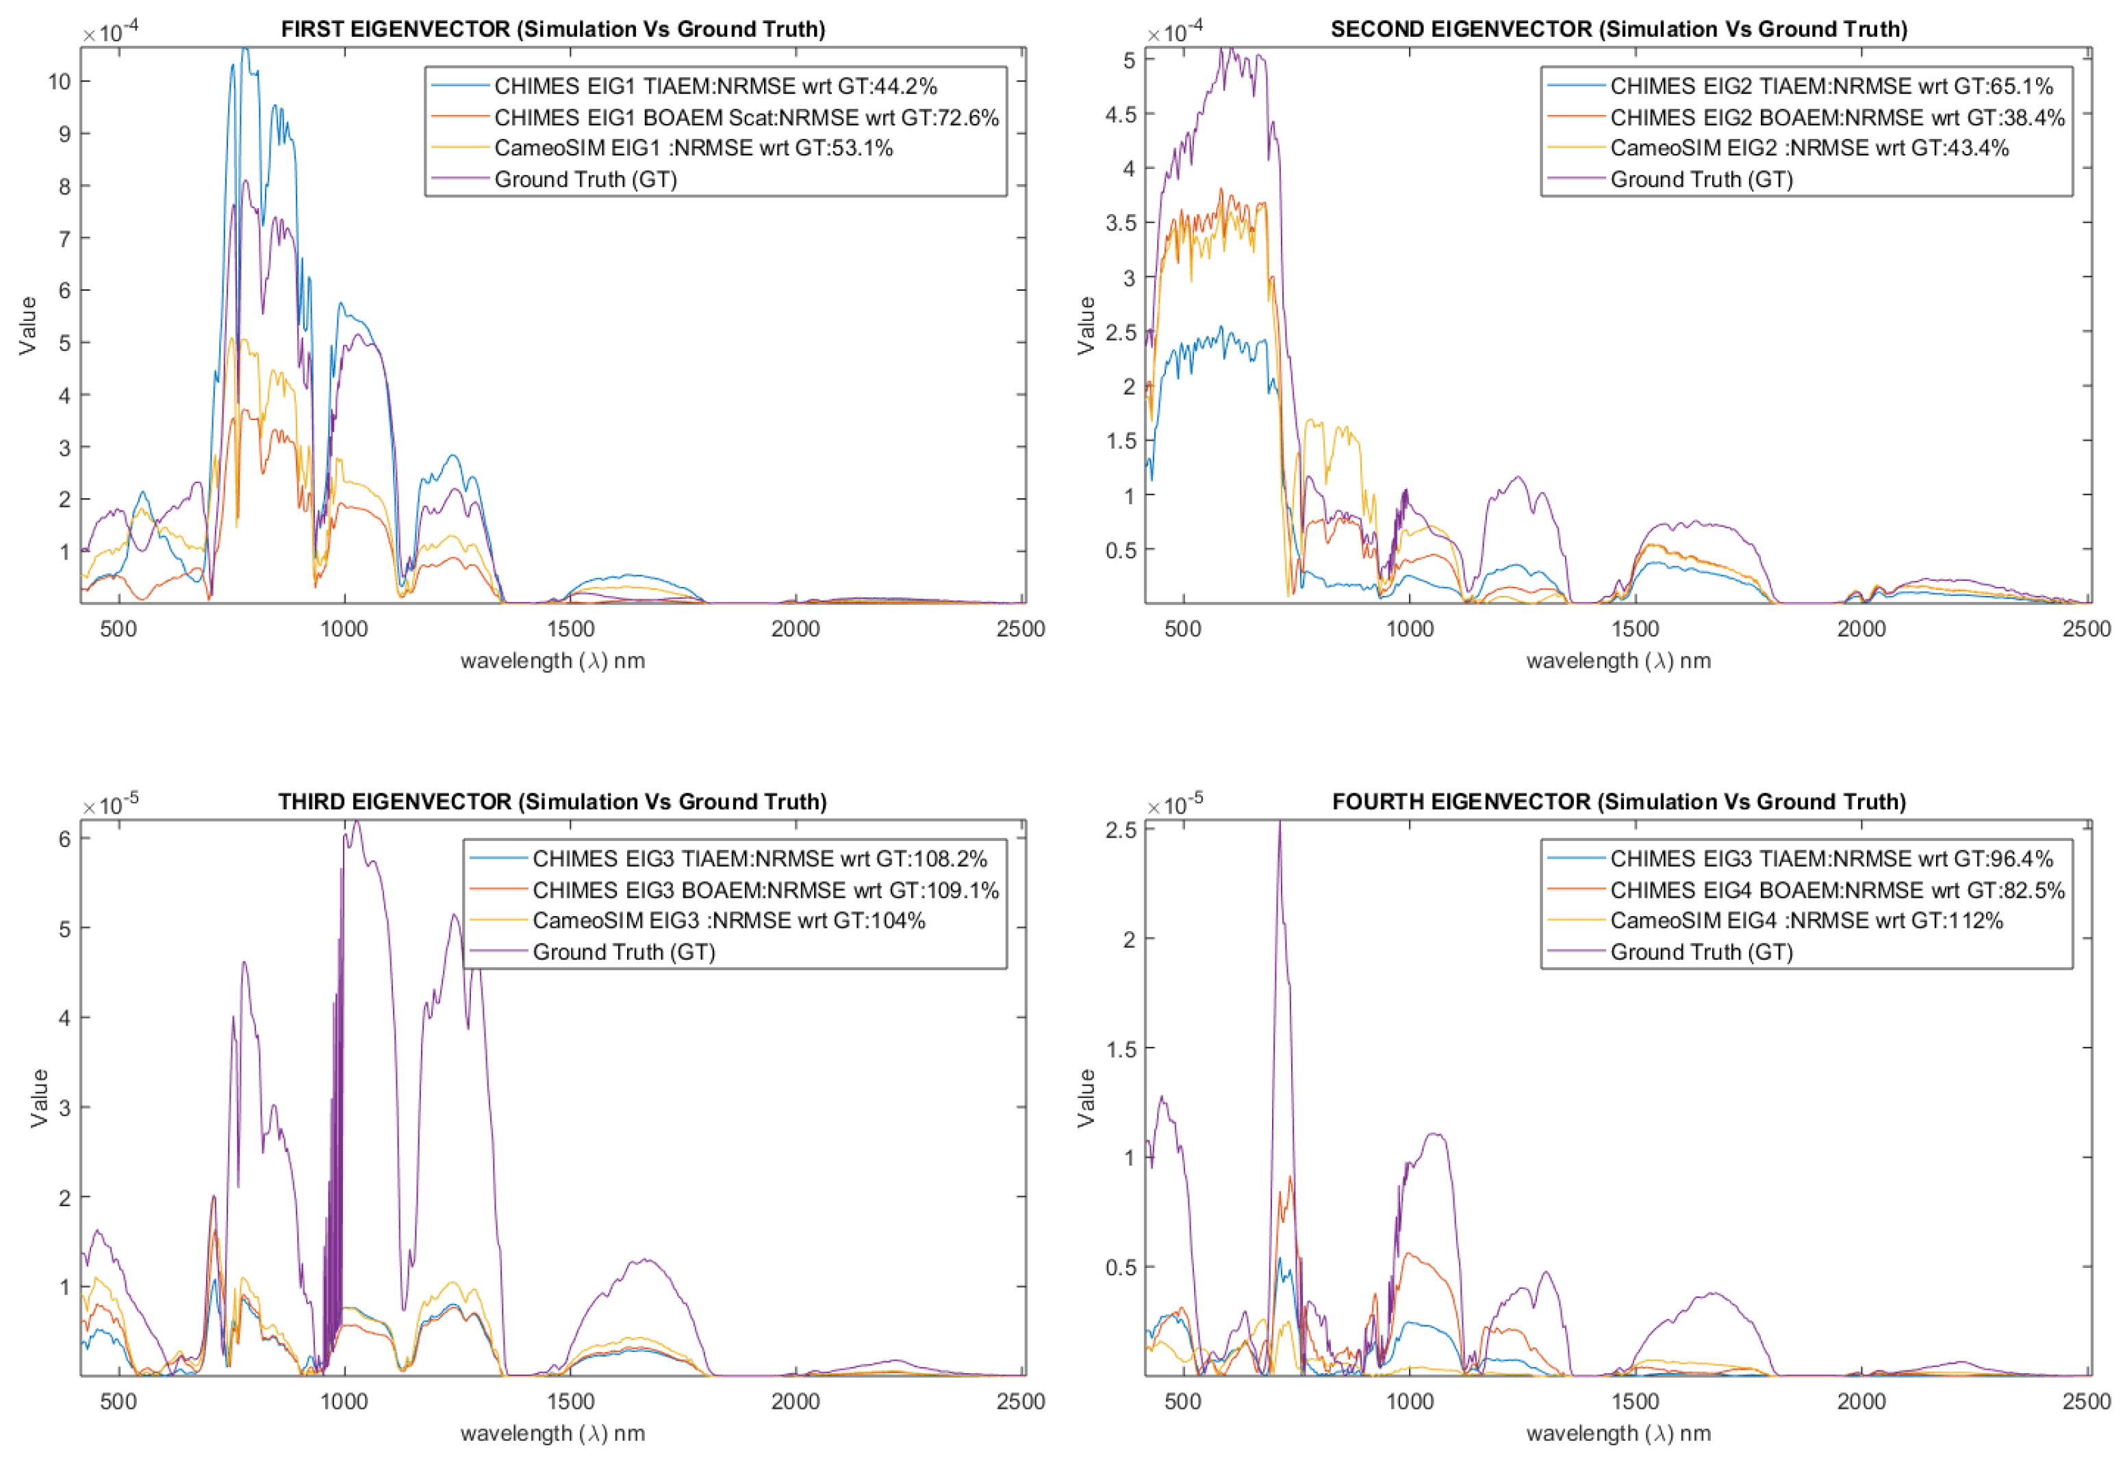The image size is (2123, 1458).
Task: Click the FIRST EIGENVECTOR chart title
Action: click(553, 29)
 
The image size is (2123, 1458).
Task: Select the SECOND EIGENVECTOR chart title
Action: click(1618, 29)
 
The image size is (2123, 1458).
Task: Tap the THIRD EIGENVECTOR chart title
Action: click(553, 802)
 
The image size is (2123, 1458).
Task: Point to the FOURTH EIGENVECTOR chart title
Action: click(1618, 802)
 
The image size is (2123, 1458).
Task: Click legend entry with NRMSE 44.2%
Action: click(715, 86)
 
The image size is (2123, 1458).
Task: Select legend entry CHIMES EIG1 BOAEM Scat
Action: click(746, 118)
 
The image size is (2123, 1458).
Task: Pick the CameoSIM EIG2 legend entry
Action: click(1809, 148)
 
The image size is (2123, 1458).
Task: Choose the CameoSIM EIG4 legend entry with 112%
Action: click(1806, 921)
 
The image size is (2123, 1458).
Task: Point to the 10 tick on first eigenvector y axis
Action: click(60, 81)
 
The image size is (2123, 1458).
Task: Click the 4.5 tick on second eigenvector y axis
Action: click(1121, 114)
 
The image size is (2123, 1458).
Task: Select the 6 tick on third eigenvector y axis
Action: click(65, 839)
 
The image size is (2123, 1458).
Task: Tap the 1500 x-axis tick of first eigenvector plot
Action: click(570, 629)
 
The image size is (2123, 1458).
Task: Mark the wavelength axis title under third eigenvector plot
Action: click(553, 1433)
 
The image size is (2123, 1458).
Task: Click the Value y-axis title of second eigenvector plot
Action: click(1086, 325)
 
